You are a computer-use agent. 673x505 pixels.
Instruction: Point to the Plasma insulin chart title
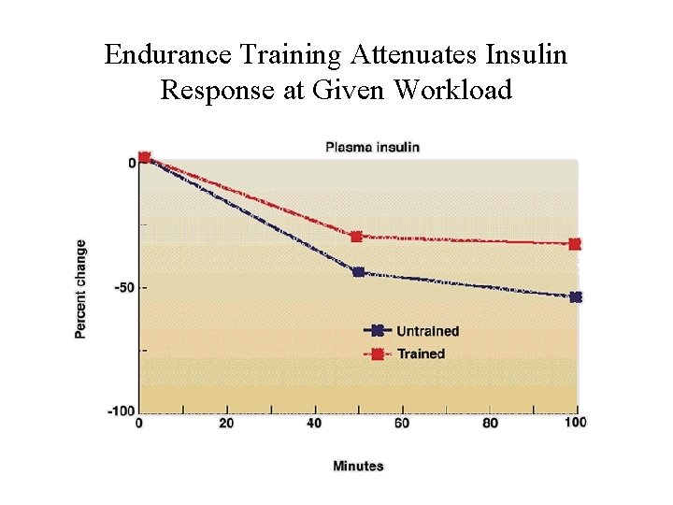[372, 146]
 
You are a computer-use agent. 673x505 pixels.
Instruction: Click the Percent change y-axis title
[81, 289]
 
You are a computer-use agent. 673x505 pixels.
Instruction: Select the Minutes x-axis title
[358, 466]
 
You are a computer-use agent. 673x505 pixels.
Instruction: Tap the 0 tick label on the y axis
[132, 163]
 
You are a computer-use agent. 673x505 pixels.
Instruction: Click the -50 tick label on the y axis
[125, 287]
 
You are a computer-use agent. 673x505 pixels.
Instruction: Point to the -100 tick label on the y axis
[122, 411]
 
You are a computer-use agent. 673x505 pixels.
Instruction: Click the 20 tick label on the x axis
[226, 424]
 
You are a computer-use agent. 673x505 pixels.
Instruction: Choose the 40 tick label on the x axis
[314, 424]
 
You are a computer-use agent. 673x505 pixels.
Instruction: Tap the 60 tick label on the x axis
[401, 424]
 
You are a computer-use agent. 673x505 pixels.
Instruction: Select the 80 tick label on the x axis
[490, 424]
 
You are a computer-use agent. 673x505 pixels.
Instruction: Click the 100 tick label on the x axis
[576, 423]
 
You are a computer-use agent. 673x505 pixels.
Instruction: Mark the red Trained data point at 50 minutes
[356, 237]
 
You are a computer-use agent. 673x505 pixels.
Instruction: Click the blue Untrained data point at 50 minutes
[358, 272]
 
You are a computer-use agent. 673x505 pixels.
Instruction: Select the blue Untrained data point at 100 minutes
[576, 297]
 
